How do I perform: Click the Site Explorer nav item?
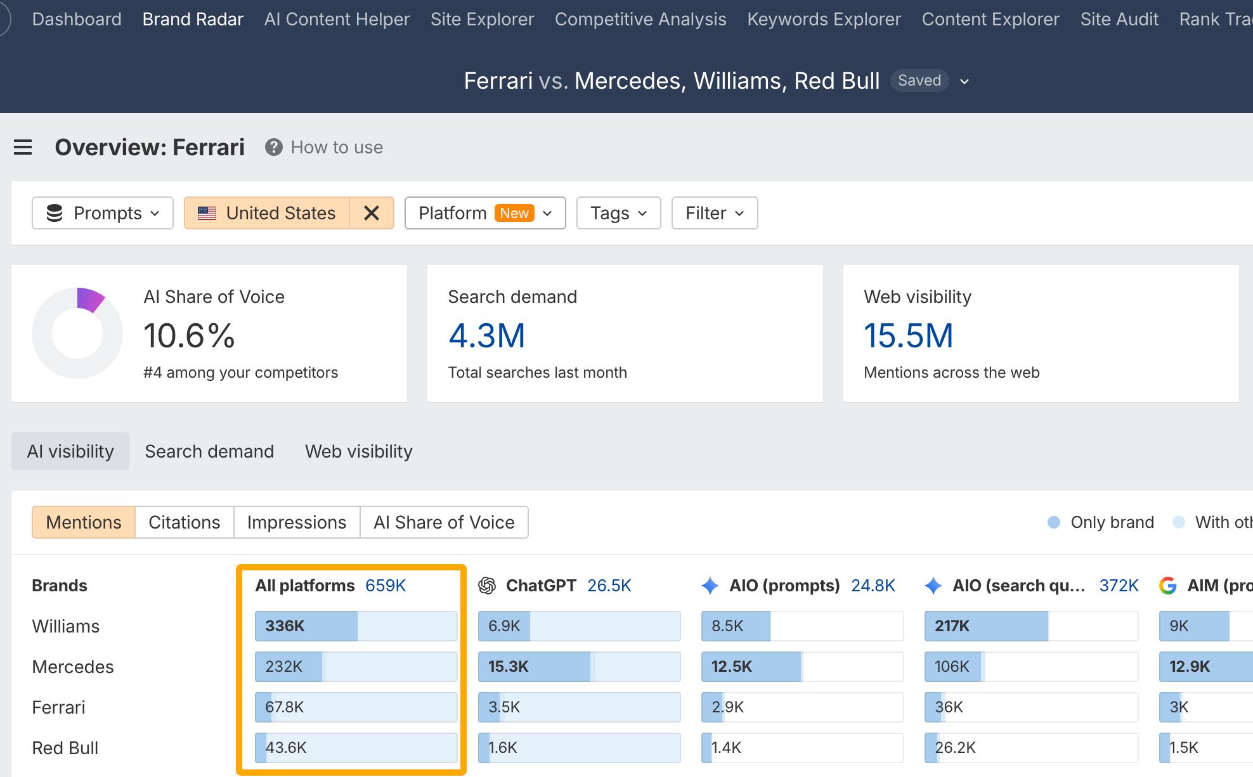[x=482, y=19]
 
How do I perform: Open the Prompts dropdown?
[x=103, y=213]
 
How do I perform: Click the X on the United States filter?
[x=372, y=213]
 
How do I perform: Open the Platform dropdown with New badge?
[x=485, y=213]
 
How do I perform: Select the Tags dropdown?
[x=619, y=213]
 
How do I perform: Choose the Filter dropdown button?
[x=715, y=213]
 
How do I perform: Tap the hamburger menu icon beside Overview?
[x=23, y=147]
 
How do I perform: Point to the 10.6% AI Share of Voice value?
[x=189, y=335]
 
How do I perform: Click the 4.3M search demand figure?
[x=487, y=335]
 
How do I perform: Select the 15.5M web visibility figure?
[x=908, y=335]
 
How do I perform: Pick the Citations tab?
[x=185, y=522]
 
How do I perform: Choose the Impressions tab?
[x=297, y=522]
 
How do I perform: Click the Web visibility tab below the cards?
[x=359, y=451]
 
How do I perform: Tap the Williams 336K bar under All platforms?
[x=356, y=626]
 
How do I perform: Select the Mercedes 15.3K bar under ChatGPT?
[x=580, y=667]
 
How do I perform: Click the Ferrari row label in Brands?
[x=58, y=707]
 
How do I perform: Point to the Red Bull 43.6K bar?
[x=356, y=748]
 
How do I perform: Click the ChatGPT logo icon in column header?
[x=487, y=586]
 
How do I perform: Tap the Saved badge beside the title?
[x=919, y=80]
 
